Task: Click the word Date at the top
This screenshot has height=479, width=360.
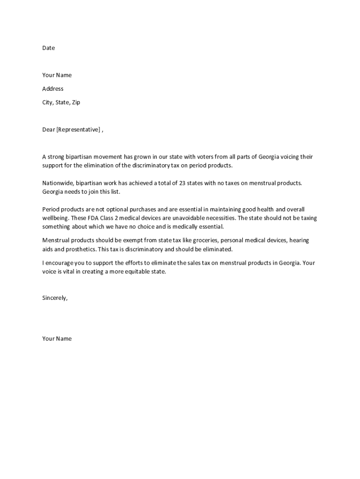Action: [48, 48]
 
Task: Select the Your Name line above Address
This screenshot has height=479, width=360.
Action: [57, 75]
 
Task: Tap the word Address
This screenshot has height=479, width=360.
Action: [53, 89]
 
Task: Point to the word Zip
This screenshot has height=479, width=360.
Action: [76, 102]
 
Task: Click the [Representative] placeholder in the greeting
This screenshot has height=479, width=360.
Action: [78, 130]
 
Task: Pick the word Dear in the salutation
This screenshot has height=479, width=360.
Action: [49, 130]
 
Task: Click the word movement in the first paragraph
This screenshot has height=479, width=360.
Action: [106, 157]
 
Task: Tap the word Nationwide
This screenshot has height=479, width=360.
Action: [58, 183]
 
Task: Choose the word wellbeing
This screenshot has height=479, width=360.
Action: [55, 218]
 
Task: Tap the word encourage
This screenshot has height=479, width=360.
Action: [61, 263]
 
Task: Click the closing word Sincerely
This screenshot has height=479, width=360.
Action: [55, 298]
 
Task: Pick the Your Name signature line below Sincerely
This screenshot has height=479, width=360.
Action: [57, 339]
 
